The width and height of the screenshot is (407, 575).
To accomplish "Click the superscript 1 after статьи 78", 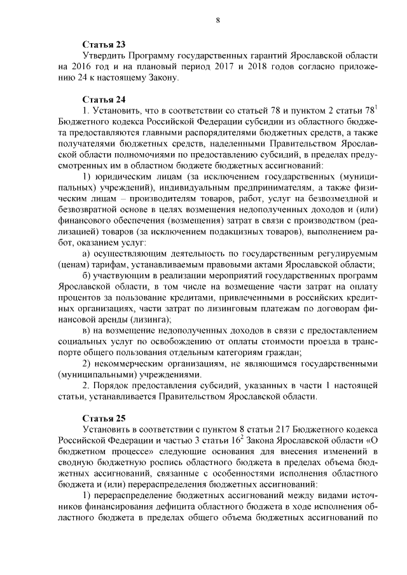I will (x=376, y=108).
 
